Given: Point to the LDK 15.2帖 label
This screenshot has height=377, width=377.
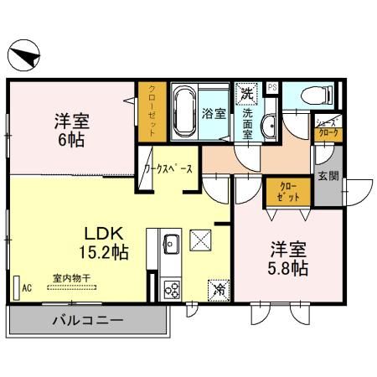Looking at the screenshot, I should (104, 242).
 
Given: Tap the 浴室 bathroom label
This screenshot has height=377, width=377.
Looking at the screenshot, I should (214, 112).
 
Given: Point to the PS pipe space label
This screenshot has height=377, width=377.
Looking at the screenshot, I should (271, 86).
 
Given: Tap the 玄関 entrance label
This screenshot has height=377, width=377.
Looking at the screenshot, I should (328, 176).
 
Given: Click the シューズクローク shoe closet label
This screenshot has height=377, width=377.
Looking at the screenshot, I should (326, 127).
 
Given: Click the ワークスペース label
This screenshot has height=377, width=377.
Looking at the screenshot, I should (168, 168).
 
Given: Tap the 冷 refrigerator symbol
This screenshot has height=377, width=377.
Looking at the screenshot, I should (218, 290).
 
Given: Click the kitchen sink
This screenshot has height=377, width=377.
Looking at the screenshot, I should (171, 245).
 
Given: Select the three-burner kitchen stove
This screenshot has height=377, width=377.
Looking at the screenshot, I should (171, 289).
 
